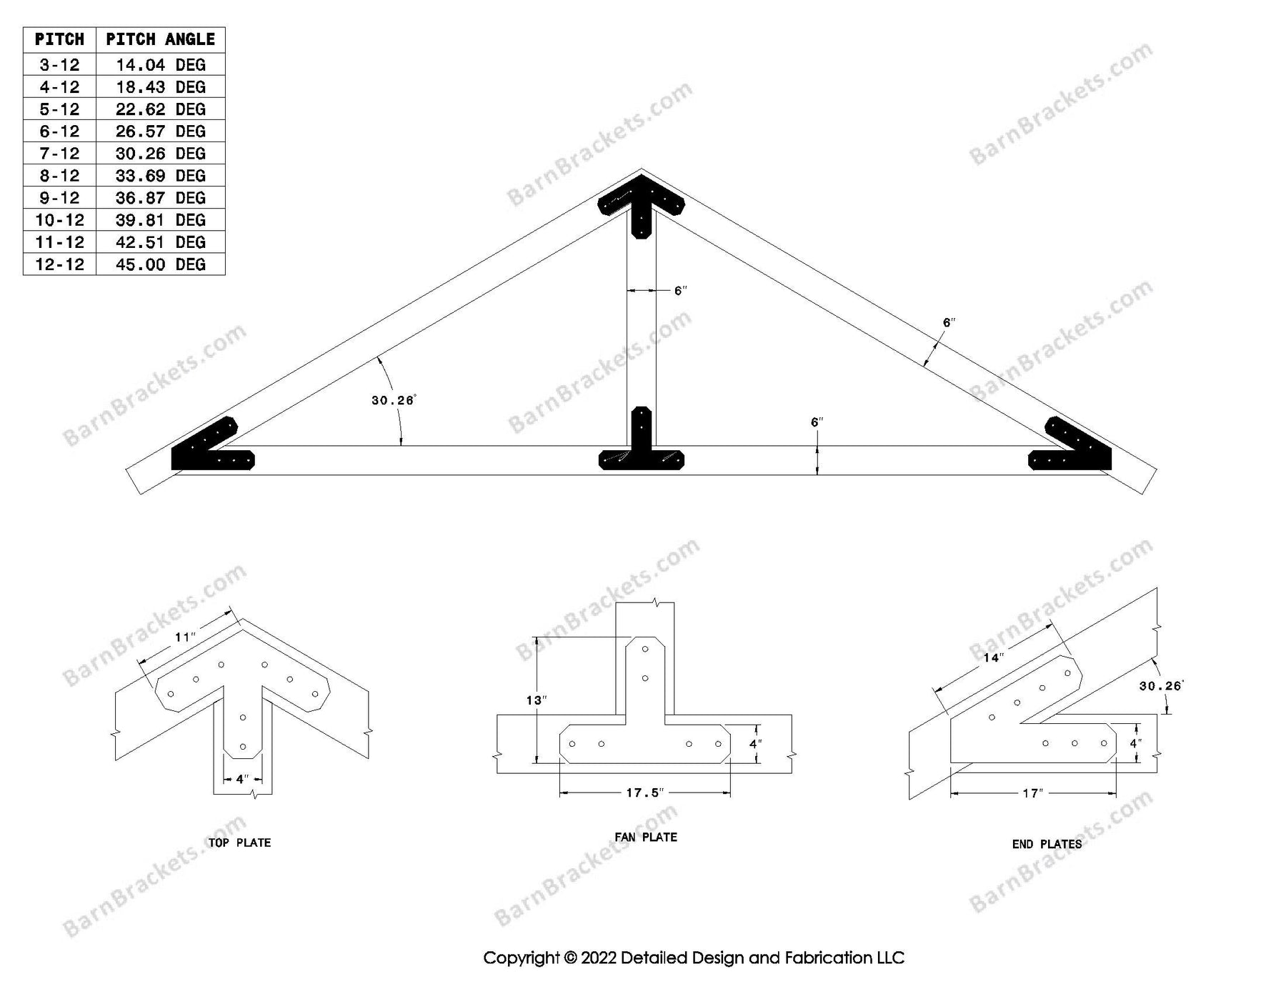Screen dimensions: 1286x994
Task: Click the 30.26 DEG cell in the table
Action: pyautogui.click(x=160, y=154)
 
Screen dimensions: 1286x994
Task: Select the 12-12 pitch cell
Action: pyautogui.click(x=59, y=264)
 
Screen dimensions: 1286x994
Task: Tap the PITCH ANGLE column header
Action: pyautogui.click(x=160, y=39)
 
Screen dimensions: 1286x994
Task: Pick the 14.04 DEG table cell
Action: pyautogui.click(x=160, y=65)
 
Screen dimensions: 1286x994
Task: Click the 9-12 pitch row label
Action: pyautogui.click(x=59, y=198)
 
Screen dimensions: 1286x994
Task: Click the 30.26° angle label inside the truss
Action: pyautogui.click(x=393, y=400)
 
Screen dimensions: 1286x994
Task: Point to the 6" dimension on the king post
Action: pyautogui.click(x=680, y=290)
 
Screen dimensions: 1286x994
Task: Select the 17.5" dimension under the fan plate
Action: pyautogui.click(x=645, y=792)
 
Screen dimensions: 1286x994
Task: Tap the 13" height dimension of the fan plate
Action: pyautogui.click(x=536, y=700)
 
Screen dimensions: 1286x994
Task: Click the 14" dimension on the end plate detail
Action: pyautogui.click(x=994, y=657)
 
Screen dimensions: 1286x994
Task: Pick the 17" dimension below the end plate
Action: pyautogui.click(x=1033, y=793)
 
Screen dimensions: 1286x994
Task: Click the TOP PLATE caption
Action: pyautogui.click(x=239, y=843)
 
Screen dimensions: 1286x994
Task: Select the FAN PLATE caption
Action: pyautogui.click(x=646, y=837)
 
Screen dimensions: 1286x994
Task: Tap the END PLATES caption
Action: pyautogui.click(x=1047, y=844)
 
